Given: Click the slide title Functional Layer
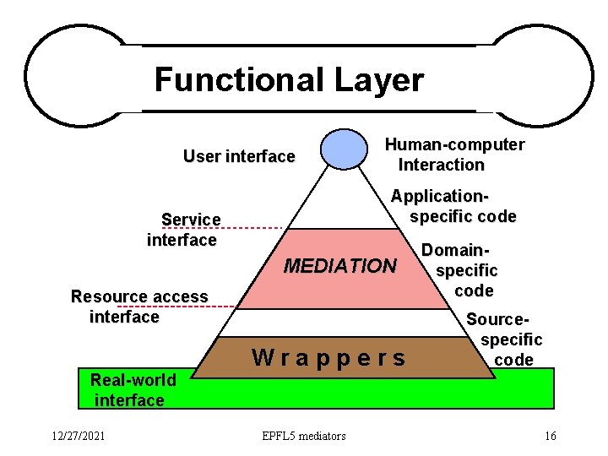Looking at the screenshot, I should pos(289,80).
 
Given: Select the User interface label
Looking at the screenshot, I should pos(239,156).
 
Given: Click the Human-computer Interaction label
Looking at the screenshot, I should pos(454,155).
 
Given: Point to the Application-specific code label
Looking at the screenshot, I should pos(453,206).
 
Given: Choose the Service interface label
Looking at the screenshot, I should pos(183,230).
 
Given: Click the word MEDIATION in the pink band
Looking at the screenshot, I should pos(339,267).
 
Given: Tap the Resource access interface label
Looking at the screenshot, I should pos(138,307).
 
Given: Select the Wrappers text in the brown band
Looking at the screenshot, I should pos(329,358).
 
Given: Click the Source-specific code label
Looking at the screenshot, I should pos(510,339).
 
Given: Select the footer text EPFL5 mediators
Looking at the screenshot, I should pos(304,436).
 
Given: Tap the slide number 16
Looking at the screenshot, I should pos(550,436).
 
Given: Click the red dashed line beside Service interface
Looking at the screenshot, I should pos(253,229).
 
